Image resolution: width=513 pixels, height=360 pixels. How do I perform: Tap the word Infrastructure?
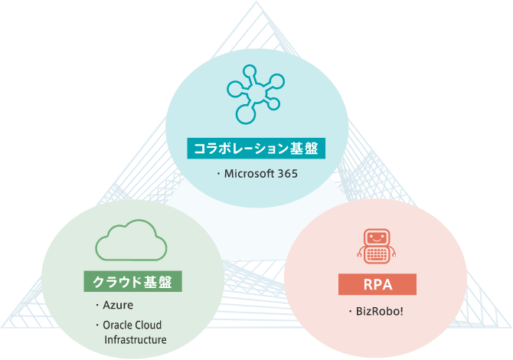[x=135, y=340]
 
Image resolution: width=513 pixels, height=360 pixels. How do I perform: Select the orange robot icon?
[x=377, y=247]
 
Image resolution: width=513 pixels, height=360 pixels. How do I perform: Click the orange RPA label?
[x=377, y=285]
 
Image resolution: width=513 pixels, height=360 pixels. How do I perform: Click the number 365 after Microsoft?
[x=288, y=174]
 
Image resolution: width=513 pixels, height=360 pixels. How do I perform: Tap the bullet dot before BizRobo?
[x=349, y=312]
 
